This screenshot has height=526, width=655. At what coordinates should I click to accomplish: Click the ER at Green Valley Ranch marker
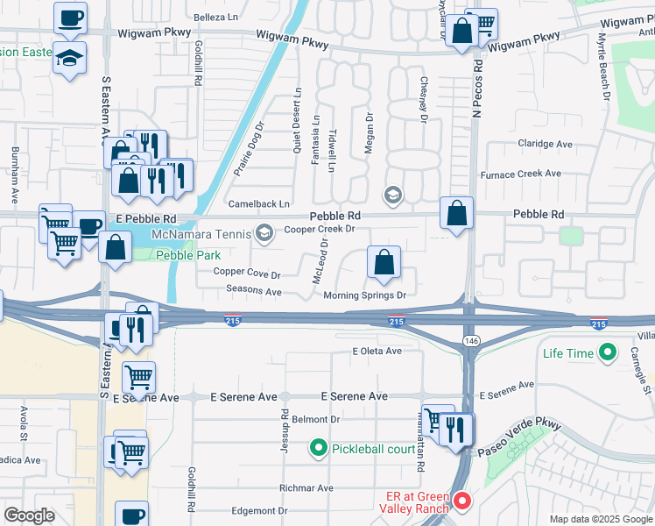(x=461, y=501)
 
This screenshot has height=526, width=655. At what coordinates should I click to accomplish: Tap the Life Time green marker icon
(x=606, y=353)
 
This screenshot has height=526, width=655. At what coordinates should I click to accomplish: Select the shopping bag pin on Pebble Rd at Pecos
(x=456, y=213)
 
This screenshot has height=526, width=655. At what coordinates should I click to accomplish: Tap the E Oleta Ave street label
(x=377, y=351)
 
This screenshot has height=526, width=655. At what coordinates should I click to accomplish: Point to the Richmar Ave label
(x=306, y=487)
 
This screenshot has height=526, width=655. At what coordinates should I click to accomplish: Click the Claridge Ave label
(x=545, y=144)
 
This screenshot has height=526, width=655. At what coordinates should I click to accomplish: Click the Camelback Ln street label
(x=258, y=203)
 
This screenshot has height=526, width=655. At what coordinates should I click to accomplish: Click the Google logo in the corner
(x=29, y=515)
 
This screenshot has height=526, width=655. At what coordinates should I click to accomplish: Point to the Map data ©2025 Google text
(x=600, y=519)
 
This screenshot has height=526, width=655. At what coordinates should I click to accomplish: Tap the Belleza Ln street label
(x=216, y=17)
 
